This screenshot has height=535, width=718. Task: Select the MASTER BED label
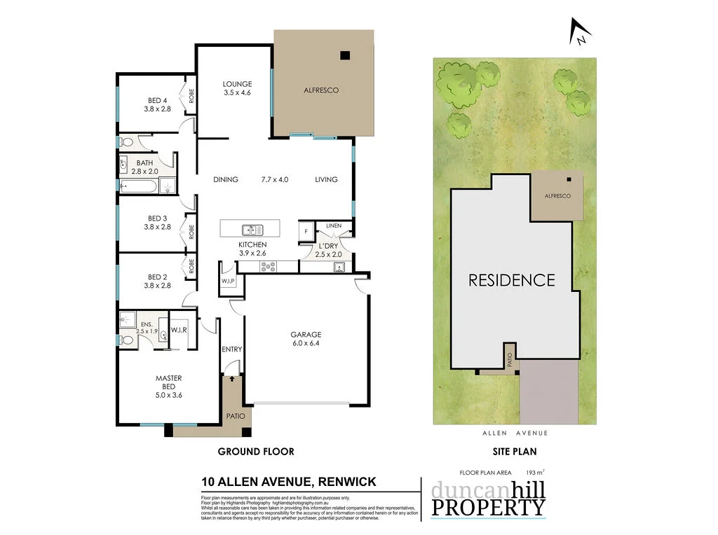pos(168,382)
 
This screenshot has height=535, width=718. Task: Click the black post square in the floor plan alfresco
pos(344,56)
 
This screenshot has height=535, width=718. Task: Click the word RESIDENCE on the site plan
pos(512,280)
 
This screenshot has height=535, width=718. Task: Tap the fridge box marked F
pos(306,231)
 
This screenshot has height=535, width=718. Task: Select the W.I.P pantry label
pos(228,281)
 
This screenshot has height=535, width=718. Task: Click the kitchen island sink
pos(250,229)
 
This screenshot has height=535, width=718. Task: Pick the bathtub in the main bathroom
pos(138,186)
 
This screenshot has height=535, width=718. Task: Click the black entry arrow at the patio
pos(233,379)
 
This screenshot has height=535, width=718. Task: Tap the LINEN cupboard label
pos(334,225)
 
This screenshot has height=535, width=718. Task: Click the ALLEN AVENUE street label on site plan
pos(515,433)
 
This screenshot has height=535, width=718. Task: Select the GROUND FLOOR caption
pos(256,452)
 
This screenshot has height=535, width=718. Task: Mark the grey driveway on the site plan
pos(549,392)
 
